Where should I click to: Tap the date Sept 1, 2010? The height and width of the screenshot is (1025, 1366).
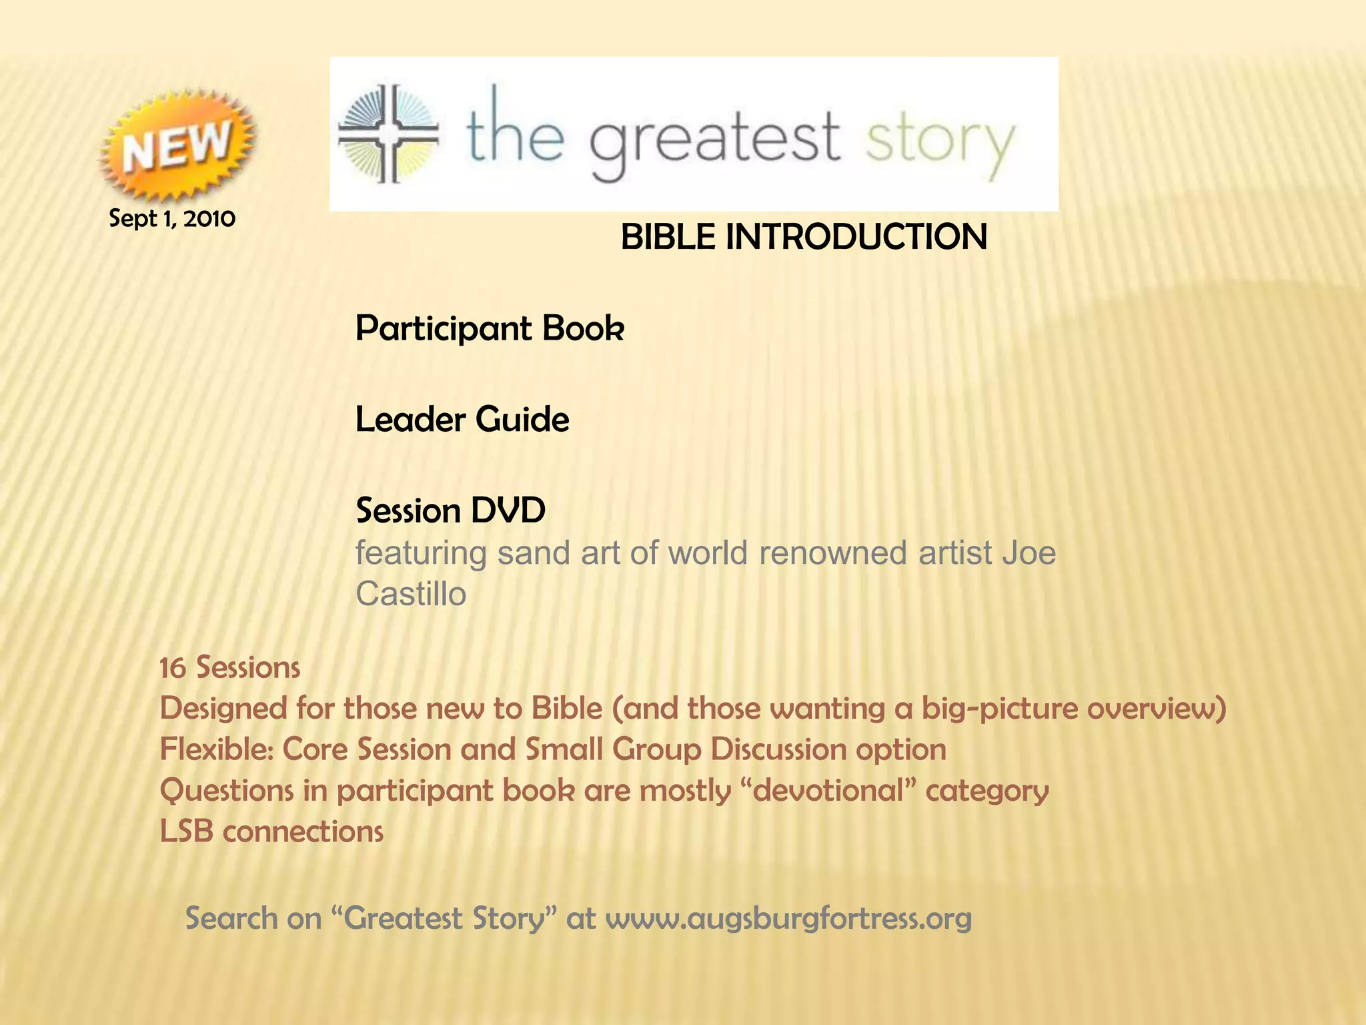[x=172, y=218]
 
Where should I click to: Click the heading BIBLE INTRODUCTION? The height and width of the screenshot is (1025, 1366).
[x=803, y=237]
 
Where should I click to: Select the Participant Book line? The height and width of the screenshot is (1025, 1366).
[x=490, y=328]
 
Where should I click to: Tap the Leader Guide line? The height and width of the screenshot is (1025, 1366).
[x=462, y=420]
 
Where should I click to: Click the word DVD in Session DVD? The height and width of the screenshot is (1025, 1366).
[x=508, y=510]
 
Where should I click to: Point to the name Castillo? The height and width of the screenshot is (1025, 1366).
[x=410, y=594]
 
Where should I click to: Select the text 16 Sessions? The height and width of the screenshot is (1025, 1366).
[x=230, y=668]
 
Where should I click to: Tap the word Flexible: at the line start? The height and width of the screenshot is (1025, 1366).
[x=216, y=749]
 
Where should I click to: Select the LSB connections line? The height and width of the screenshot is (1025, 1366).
[x=271, y=831]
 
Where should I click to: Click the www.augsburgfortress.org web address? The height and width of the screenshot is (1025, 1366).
[x=788, y=918]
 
